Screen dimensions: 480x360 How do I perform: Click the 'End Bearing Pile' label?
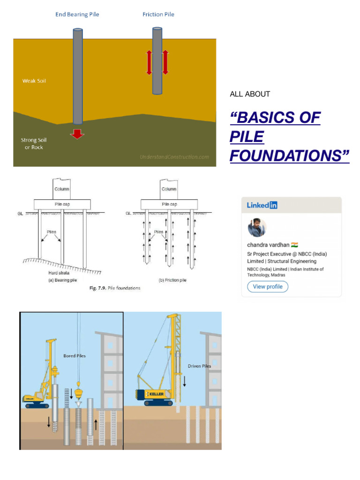77,15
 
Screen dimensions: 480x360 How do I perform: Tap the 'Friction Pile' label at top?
158,15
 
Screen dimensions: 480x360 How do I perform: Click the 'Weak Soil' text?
34,81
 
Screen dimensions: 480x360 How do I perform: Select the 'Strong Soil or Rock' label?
34,143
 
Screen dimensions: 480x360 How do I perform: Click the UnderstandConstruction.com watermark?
174,157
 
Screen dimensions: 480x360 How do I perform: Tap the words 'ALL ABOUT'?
250,94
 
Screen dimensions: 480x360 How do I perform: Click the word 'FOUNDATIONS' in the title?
289,156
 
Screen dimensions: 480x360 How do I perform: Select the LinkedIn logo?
262,205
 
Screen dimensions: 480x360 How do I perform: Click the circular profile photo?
257,228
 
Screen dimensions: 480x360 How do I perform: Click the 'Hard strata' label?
60,272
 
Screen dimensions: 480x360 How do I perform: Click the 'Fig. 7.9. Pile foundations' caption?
115,288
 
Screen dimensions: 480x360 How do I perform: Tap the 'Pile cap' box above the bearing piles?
62,204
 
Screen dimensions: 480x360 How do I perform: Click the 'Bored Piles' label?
75,356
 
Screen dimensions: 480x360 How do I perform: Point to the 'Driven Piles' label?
199,366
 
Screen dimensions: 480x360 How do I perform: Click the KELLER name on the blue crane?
157,395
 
